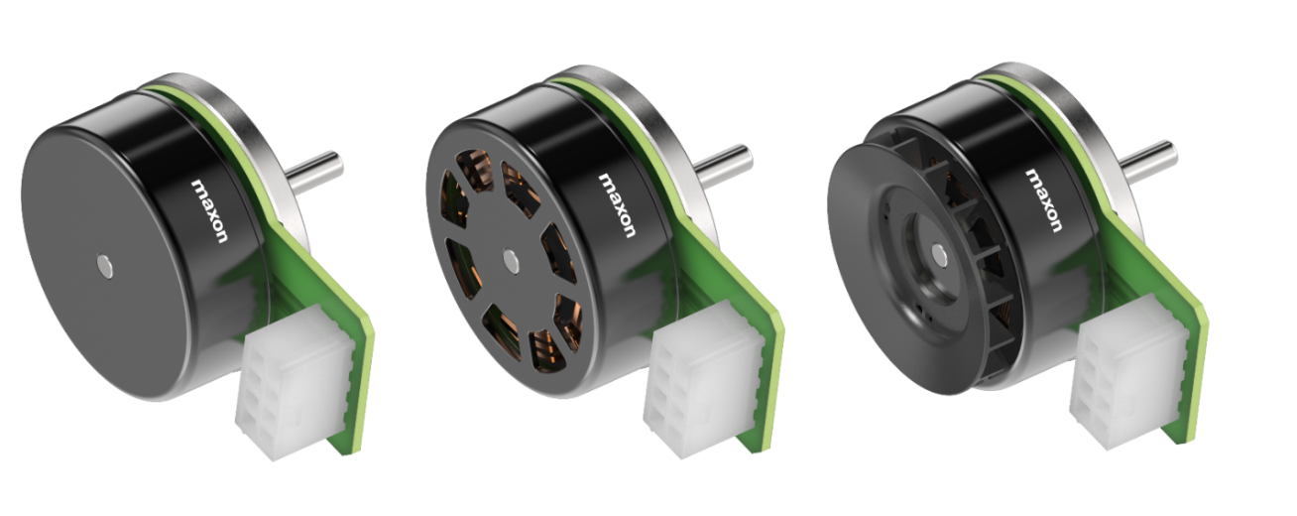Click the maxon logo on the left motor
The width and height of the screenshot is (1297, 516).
click(209, 210)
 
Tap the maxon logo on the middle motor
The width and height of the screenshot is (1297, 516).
click(617, 205)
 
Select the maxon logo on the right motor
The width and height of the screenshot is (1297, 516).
click(1043, 200)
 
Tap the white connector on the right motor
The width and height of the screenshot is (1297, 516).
click(1128, 372)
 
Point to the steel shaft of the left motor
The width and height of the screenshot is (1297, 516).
click(313, 172)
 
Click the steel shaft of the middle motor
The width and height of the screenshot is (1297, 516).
click(723, 165)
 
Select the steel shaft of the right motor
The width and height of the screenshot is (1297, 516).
click(1148, 161)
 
